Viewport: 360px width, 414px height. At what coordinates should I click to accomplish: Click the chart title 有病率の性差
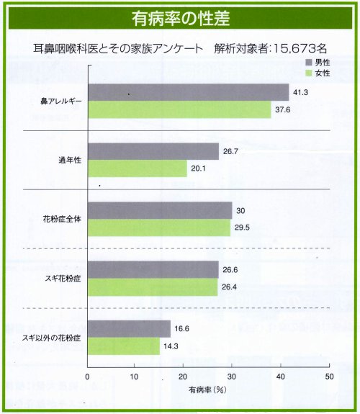coord(180,16)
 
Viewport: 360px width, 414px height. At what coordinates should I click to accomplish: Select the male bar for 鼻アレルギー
coord(188,93)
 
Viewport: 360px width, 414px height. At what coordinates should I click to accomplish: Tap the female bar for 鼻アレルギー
coord(179,110)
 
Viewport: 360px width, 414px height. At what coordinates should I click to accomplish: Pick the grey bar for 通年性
coord(153,151)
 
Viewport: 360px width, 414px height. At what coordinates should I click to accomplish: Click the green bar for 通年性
coord(137,168)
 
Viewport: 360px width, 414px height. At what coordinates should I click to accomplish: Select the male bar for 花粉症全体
coord(160,210)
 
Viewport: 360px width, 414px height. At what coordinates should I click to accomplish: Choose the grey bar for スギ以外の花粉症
coord(128,329)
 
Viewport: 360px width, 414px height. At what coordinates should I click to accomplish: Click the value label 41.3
coord(301,93)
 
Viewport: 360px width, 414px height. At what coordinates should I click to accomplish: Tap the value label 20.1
coord(199,169)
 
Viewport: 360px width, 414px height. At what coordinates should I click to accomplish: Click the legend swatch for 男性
coord(308,63)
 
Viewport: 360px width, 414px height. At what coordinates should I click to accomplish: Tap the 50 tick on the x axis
coord(328,377)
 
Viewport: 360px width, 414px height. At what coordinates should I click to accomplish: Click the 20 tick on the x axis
coord(184,377)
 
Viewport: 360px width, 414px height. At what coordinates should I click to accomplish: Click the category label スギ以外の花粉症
coord(50,338)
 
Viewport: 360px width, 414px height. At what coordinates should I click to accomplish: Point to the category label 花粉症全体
coord(62,219)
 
